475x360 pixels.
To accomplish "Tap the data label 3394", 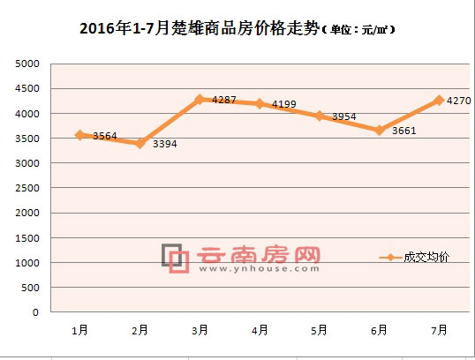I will (165, 144).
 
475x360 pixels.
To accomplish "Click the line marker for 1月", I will (79, 135).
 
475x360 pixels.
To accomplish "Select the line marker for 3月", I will (200, 100).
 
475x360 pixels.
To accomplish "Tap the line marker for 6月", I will (379, 131).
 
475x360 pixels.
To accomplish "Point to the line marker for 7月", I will (439, 101).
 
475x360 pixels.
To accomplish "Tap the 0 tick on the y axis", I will (35, 312).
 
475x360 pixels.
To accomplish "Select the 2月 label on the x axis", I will (139, 329).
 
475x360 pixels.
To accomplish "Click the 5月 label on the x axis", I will (319, 329).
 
